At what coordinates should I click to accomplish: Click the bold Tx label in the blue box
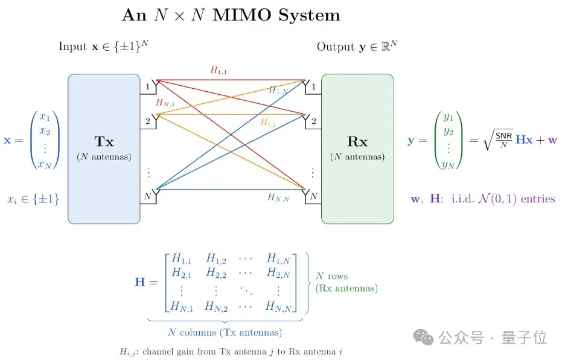pos(104,141)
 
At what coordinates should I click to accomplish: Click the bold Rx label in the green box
pos(357,141)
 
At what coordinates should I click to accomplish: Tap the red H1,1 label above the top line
pos(219,70)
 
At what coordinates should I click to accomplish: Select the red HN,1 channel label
pos(165,103)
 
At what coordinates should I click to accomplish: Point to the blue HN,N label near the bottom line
pos(278,198)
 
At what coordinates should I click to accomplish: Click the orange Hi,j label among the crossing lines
pos(268,123)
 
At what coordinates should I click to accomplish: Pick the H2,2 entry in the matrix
pos(216,272)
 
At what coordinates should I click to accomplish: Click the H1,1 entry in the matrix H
pos(182,259)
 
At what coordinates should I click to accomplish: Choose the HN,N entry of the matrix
pos(278,307)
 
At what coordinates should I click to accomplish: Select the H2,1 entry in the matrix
pos(182,272)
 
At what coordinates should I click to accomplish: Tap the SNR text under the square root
pos(504,136)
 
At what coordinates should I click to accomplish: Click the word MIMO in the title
pos(241,15)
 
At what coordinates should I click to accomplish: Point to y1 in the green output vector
pos(448,117)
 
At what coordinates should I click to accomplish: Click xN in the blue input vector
pos(45,164)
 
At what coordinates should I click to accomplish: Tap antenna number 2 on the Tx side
pos(148,121)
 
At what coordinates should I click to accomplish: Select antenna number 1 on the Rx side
pos(313,86)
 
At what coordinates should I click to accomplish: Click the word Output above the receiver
pos(336,47)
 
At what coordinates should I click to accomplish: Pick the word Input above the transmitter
pos(73,47)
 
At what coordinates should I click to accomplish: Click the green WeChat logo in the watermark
pos(423,337)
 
